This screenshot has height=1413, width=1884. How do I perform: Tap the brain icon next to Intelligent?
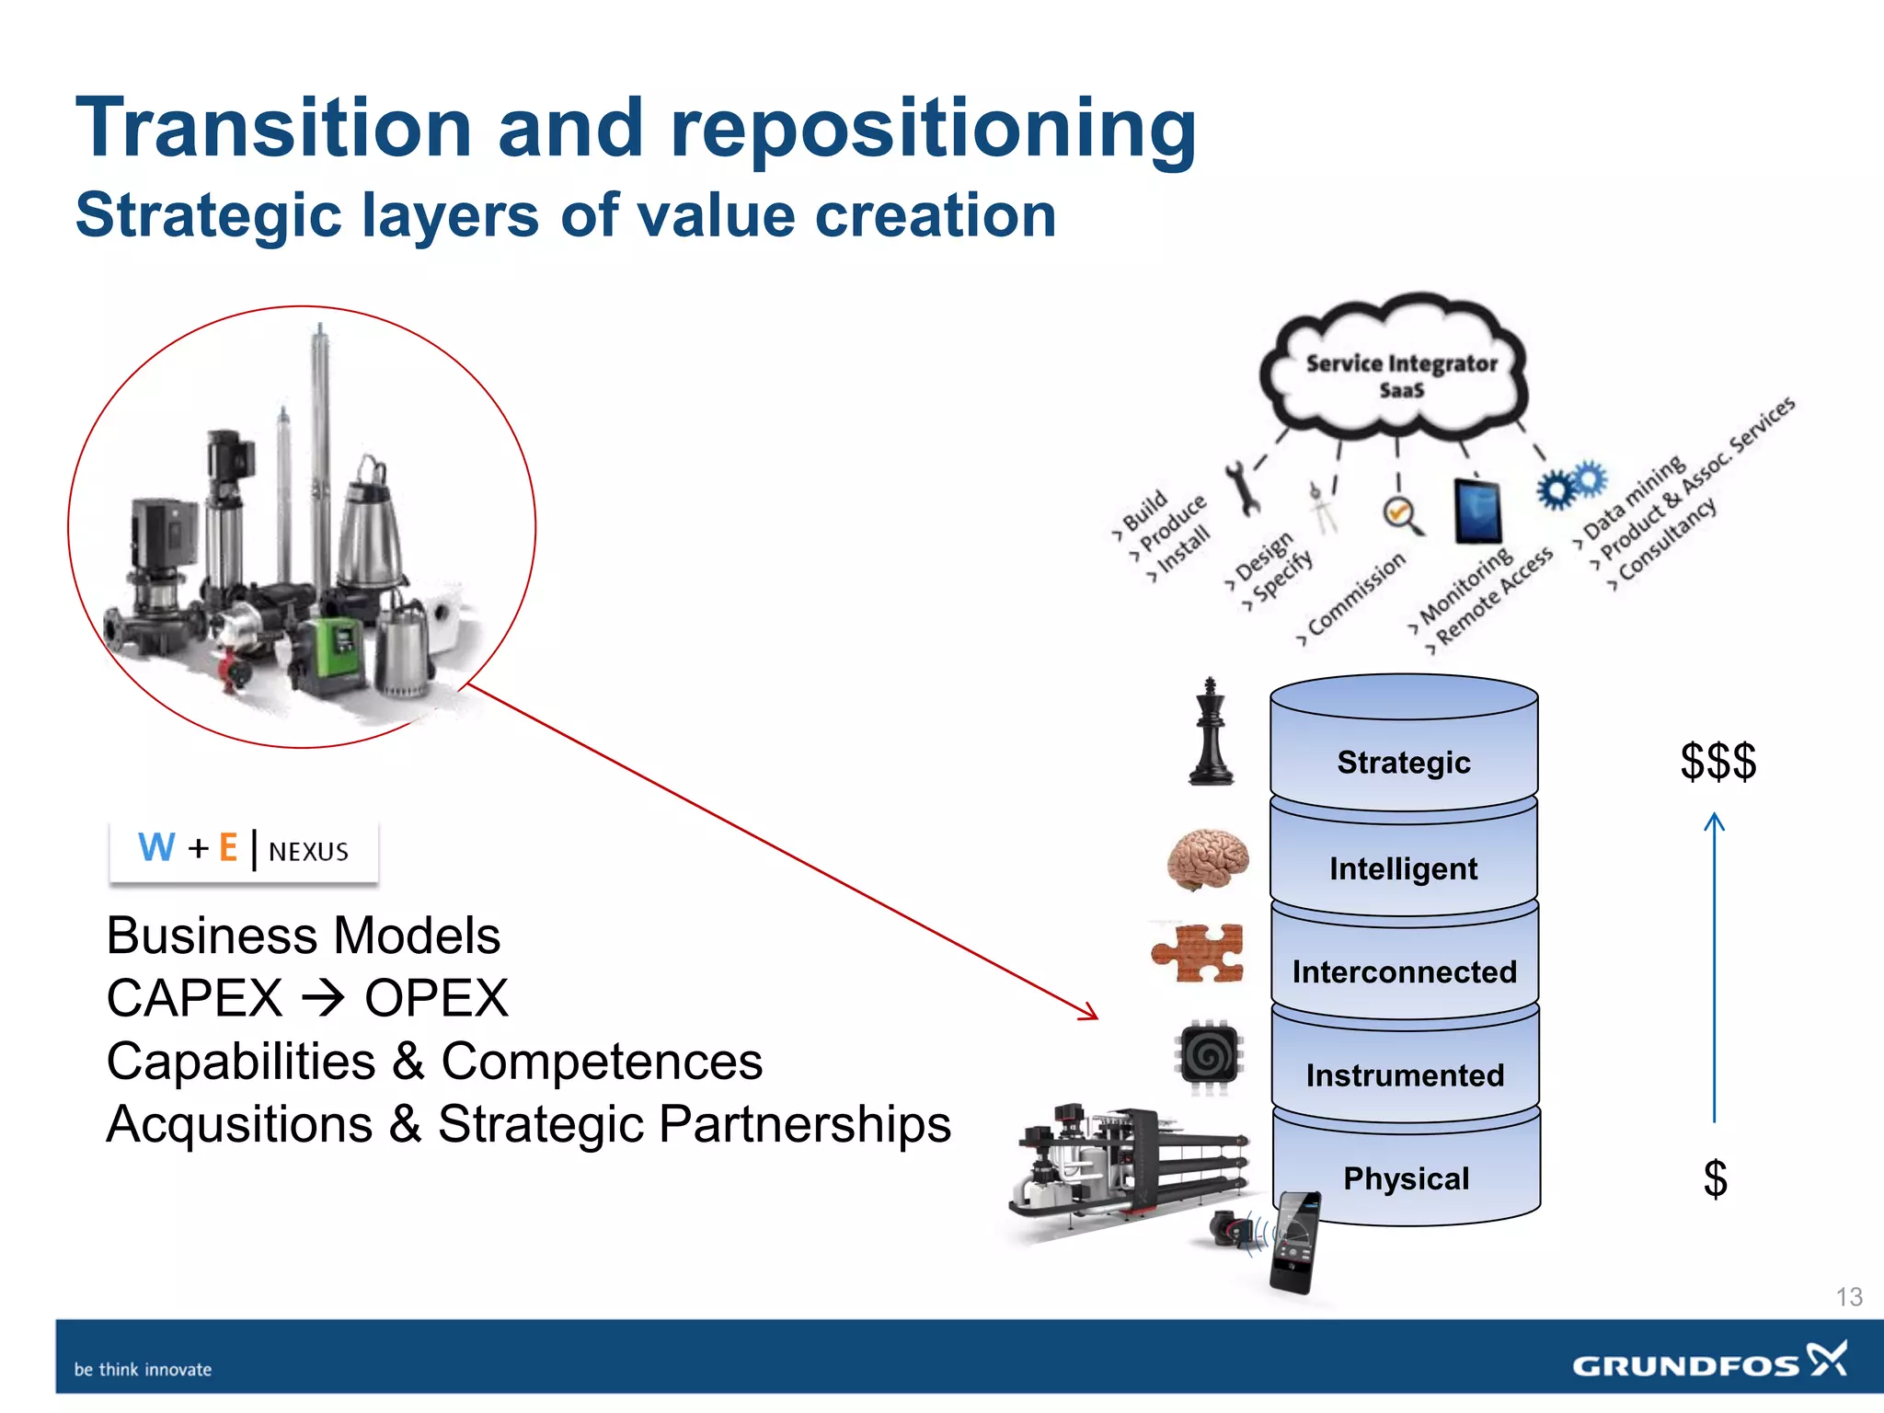point(1208,859)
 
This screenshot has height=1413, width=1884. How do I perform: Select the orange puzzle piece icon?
point(1199,953)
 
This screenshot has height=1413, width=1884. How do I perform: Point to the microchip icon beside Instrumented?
point(1209,1057)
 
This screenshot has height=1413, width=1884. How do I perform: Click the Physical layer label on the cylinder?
point(1406,1178)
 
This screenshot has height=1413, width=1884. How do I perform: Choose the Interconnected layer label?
point(1404,971)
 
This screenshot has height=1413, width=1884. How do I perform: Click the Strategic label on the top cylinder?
point(1404,763)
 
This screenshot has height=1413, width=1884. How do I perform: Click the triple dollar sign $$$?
point(1717,762)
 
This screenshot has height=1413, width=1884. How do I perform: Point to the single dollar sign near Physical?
point(1715,1178)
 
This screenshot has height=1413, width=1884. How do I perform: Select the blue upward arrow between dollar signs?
point(1714,966)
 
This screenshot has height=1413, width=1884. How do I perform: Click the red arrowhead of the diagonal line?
point(1091,1014)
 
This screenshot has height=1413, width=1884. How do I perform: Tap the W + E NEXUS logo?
point(244,850)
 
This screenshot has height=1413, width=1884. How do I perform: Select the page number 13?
point(1849,1297)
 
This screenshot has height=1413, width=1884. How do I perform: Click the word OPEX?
point(436,998)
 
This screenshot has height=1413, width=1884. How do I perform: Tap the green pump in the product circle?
point(337,652)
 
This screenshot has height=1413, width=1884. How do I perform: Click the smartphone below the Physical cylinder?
point(1295,1243)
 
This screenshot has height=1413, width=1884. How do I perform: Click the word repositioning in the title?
point(933,128)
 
